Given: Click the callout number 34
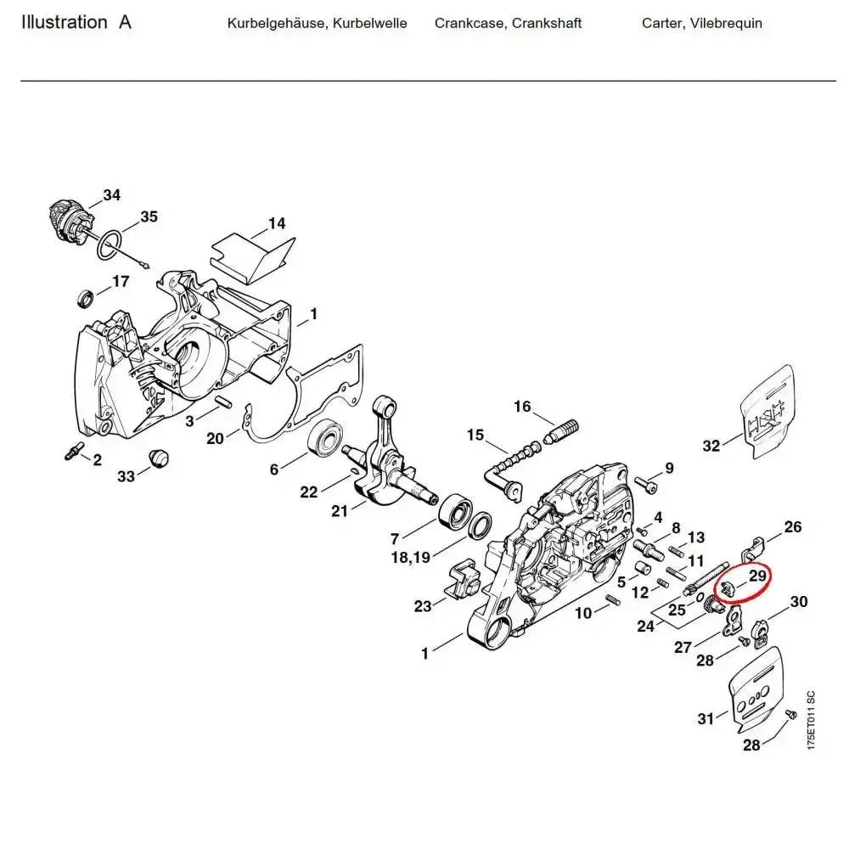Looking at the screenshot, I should (x=112, y=195).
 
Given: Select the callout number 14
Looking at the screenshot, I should (x=277, y=224).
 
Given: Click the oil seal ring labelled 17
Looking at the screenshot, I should (x=86, y=298).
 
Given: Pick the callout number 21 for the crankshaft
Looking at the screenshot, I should (x=340, y=510).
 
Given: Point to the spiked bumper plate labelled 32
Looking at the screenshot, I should (x=768, y=413).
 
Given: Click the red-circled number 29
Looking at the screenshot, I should (x=758, y=576).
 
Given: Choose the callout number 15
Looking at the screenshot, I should (x=475, y=436).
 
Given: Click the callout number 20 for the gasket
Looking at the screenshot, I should (x=215, y=438).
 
